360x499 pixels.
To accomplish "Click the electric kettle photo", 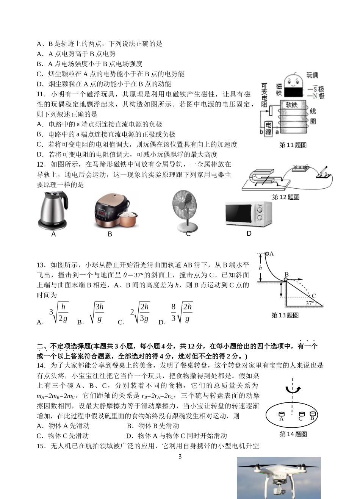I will click(x=53, y=211).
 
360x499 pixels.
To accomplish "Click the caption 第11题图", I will click(x=293, y=145).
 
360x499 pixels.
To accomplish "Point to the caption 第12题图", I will click(x=286, y=197).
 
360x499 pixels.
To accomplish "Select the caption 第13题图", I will click(x=285, y=315).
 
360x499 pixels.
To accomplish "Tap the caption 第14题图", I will click(x=293, y=434).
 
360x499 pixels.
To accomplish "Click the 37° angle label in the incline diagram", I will click(x=310, y=303).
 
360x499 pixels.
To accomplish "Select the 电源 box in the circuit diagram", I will click(x=268, y=128).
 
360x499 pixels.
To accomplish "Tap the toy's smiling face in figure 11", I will click(x=291, y=81).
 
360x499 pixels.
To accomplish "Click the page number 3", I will click(x=180, y=457).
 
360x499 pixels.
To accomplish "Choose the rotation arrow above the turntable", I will click(x=293, y=389).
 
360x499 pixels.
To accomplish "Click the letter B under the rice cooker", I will click(x=110, y=234).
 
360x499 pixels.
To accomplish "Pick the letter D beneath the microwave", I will click(x=249, y=233).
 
